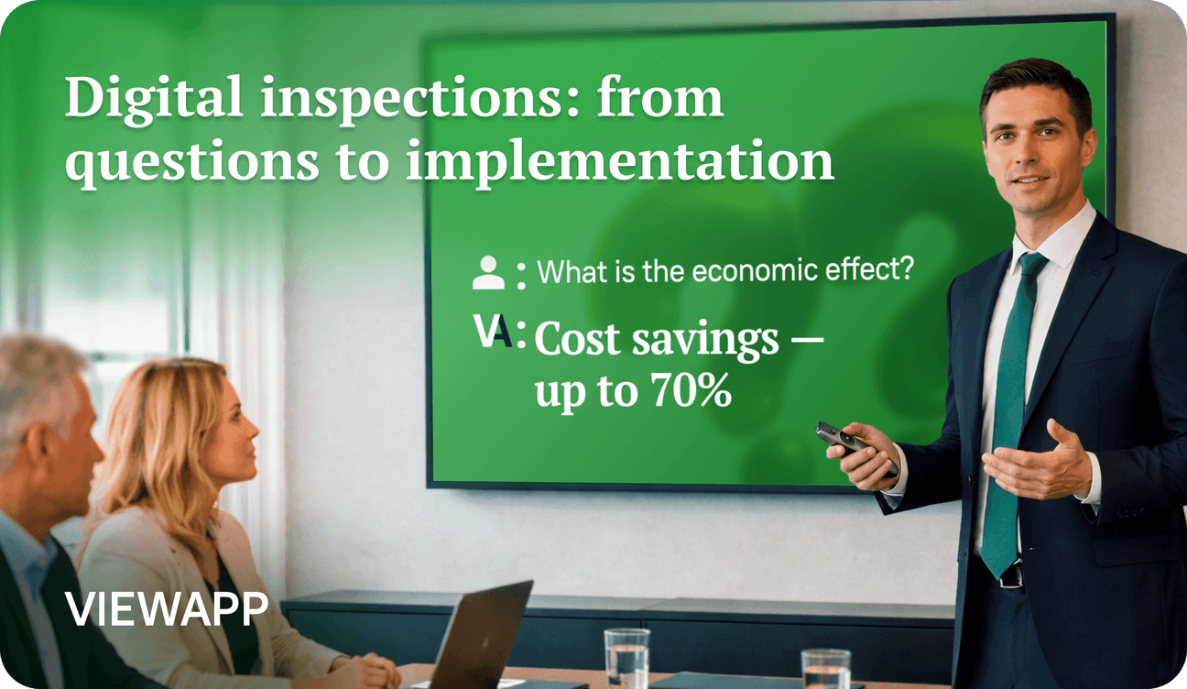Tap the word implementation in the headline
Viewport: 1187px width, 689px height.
tap(621, 161)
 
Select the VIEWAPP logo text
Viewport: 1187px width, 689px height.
tap(166, 609)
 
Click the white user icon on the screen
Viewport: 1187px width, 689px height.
tap(488, 272)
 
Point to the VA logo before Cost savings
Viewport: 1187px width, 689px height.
tap(494, 332)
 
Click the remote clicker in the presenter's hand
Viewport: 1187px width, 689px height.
tap(854, 445)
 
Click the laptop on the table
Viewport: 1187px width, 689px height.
tap(477, 636)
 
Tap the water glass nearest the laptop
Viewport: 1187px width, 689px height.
tap(626, 658)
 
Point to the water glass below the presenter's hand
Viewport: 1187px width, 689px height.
tap(825, 669)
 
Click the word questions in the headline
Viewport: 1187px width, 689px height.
tap(191, 161)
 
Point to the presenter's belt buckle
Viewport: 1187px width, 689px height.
tap(1011, 574)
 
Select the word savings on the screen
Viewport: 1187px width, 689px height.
tap(705, 342)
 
